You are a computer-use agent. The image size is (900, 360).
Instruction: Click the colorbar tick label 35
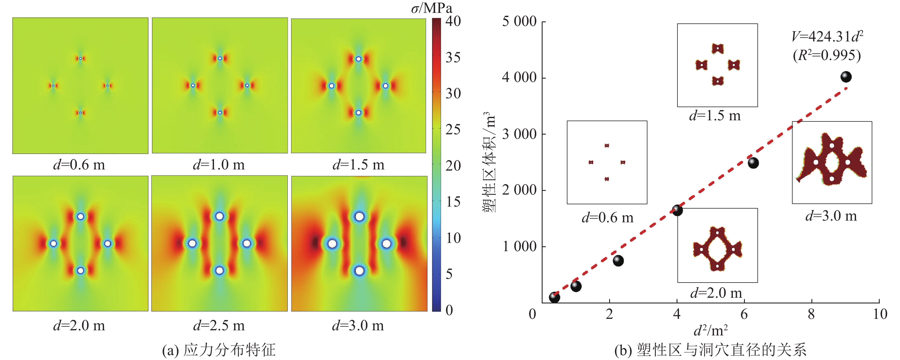coord(453,58)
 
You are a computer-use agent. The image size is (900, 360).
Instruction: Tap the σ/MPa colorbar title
coord(431,8)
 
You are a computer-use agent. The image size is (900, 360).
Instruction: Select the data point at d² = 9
coord(846,77)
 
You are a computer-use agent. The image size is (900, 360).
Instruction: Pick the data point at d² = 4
coord(677,210)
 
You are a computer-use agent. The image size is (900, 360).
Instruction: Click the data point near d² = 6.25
coord(753,163)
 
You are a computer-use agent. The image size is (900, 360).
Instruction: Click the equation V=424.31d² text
coord(827,36)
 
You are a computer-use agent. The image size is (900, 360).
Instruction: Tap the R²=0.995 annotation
coord(827,55)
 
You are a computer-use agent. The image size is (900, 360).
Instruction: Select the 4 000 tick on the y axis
coord(519,78)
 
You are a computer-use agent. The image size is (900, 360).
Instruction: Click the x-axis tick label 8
coord(811,314)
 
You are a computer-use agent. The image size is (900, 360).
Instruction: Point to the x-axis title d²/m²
coord(711,330)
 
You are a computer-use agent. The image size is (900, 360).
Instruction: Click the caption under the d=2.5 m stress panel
coord(219,326)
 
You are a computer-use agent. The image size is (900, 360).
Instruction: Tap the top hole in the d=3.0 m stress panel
coord(359,217)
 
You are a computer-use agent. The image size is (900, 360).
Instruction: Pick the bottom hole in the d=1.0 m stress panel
coord(220,113)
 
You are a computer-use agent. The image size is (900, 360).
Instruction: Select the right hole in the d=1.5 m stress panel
coord(385,86)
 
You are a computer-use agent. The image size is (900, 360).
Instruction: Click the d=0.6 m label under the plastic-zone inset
coord(607,218)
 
